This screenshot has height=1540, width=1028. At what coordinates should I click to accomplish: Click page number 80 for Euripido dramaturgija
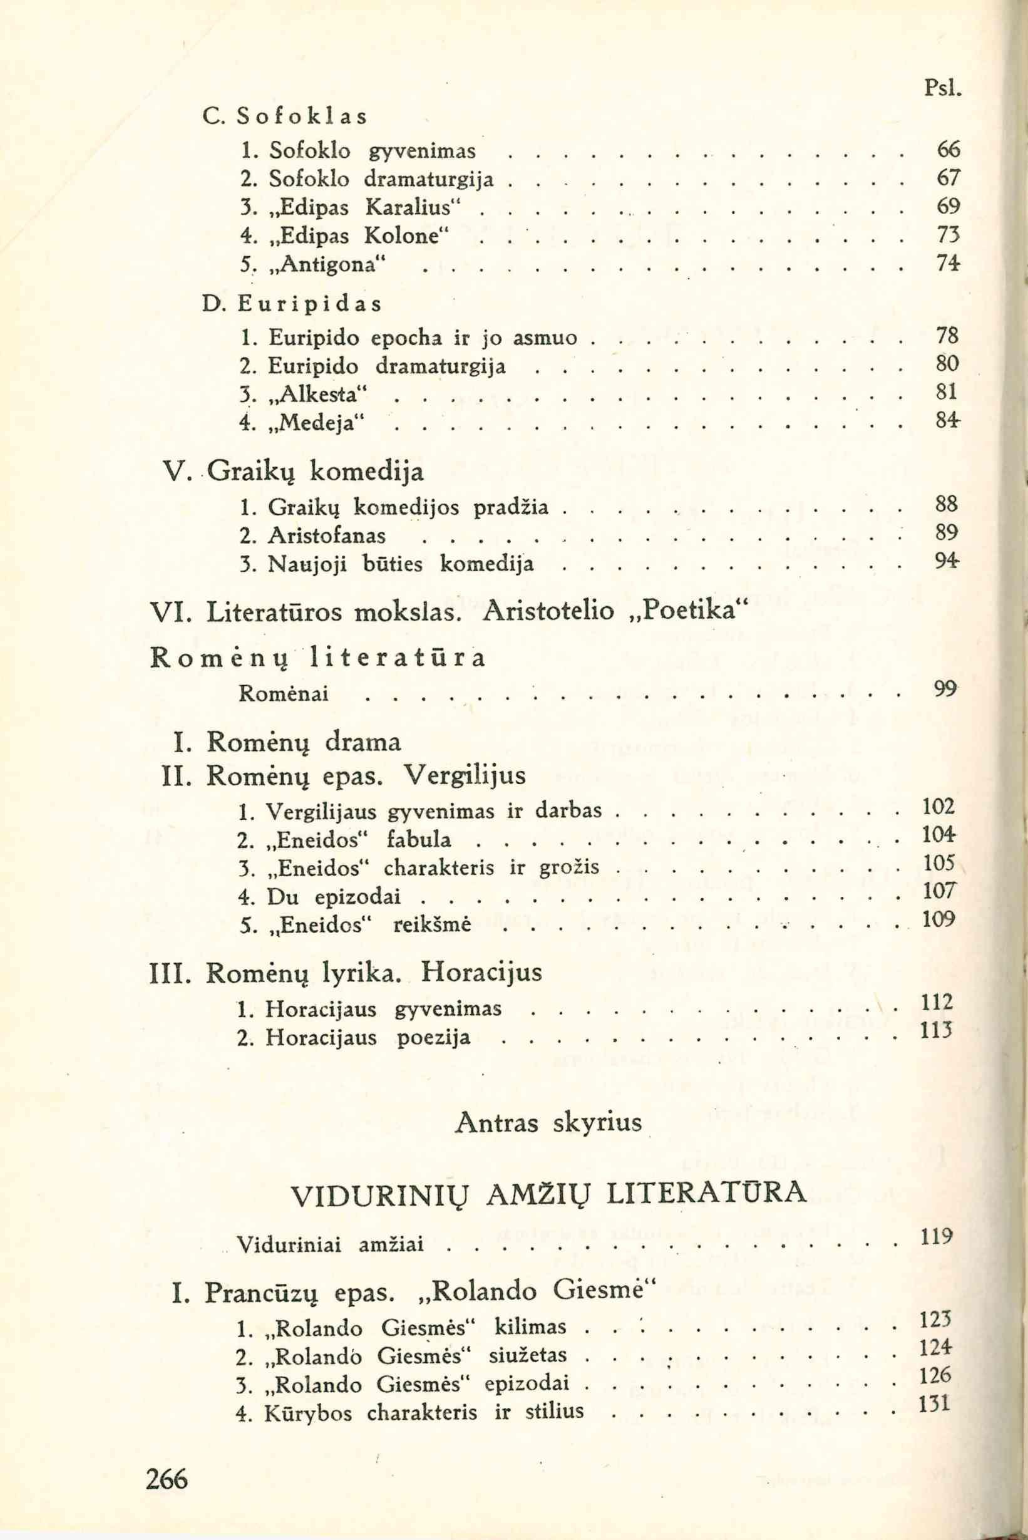click(x=947, y=363)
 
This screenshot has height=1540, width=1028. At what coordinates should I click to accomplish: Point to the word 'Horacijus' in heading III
click(x=482, y=971)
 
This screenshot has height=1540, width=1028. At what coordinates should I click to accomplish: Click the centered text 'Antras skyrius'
click(x=547, y=1123)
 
